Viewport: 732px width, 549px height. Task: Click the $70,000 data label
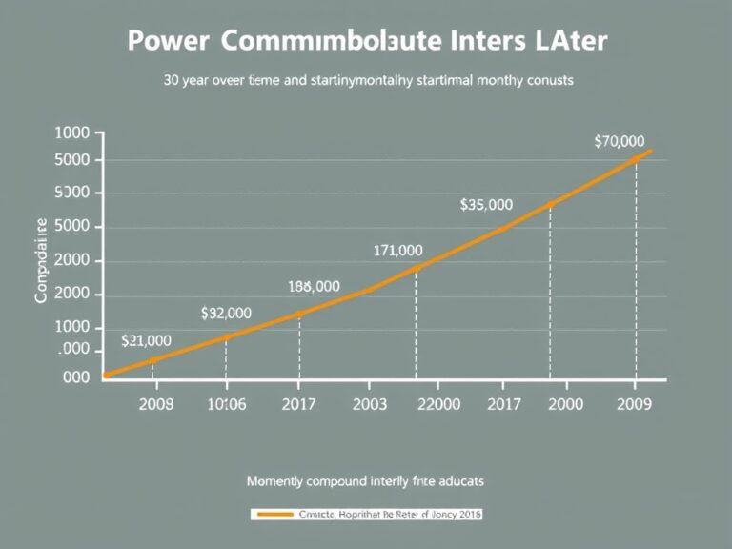tap(620, 141)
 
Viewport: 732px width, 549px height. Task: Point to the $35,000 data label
tap(486, 204)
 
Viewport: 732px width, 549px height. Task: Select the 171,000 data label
tap(396, 251)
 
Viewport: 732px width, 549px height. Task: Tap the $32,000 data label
tap(227, 312)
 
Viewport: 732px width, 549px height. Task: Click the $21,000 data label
tap(147, 339)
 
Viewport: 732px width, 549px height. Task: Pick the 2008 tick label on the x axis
tap(156, 403)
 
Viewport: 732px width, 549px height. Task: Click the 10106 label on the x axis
tap(227, 403)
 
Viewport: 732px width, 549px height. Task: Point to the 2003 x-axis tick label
tap(369, 403)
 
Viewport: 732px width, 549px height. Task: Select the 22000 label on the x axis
tap(439, 403)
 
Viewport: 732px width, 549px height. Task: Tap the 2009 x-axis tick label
tap(635, 403)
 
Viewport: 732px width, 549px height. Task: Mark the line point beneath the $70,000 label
tap(636, 159)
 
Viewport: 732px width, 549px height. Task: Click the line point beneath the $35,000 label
tap(550, 204)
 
